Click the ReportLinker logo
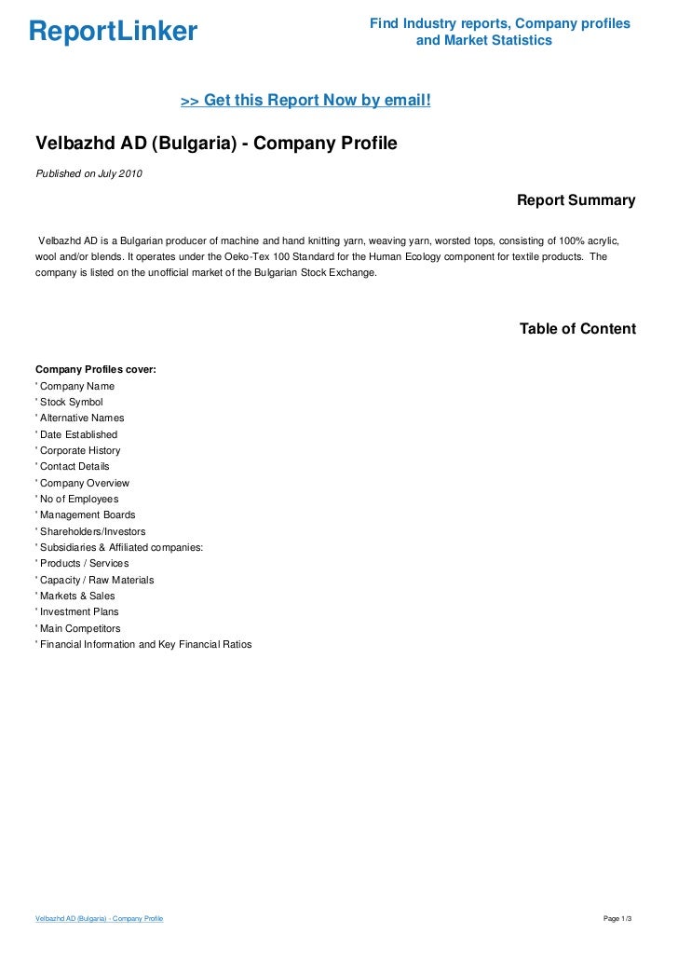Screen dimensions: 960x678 pos(113,33)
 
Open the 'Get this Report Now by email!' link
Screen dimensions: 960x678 pos(305,100)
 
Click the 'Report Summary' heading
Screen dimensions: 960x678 pos(576,200)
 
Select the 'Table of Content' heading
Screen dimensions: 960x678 pos(577,329)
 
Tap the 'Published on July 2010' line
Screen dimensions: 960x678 pos(89,173)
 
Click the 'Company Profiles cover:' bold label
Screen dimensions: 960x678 pos(95,370)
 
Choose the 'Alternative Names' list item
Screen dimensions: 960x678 pos(81,418)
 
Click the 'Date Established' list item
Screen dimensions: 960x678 pos(78,434)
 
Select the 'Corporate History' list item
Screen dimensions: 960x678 pos(79,450)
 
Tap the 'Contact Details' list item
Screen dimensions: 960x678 pos(74,466)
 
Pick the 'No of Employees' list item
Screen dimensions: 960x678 pos(78,499)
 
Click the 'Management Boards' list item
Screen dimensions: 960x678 pos(87,514)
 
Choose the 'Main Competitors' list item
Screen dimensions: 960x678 pos(79,628)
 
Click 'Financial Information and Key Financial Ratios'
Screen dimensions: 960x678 pos(144,644)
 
